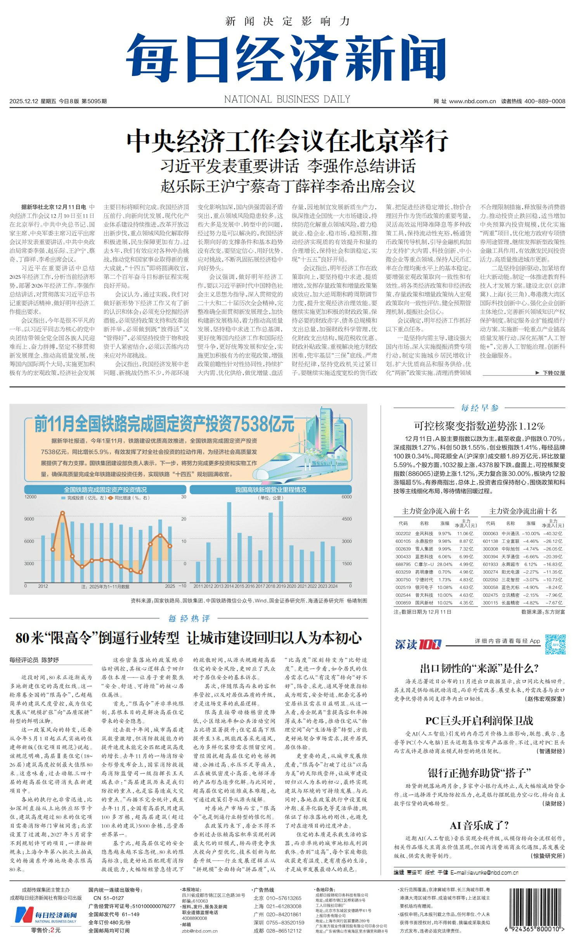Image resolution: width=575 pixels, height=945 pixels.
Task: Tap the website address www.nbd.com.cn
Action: (472, 101)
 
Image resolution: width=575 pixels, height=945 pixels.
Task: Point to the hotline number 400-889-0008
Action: (544, 101)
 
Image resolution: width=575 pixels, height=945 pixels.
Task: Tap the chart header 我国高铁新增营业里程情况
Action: (270, 490)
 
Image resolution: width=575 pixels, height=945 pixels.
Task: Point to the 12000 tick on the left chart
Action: (30, 497)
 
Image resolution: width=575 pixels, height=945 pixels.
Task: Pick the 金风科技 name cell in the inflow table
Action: (424, 534)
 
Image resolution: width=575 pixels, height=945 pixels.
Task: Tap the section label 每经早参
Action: (480, 408)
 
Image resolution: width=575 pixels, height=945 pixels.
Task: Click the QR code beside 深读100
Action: (555, 644)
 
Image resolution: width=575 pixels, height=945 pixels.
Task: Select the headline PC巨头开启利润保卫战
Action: (479, 721)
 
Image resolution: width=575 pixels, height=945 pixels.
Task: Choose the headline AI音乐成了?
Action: (479, 825)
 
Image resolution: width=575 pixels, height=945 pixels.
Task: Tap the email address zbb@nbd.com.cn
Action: (199, 931)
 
